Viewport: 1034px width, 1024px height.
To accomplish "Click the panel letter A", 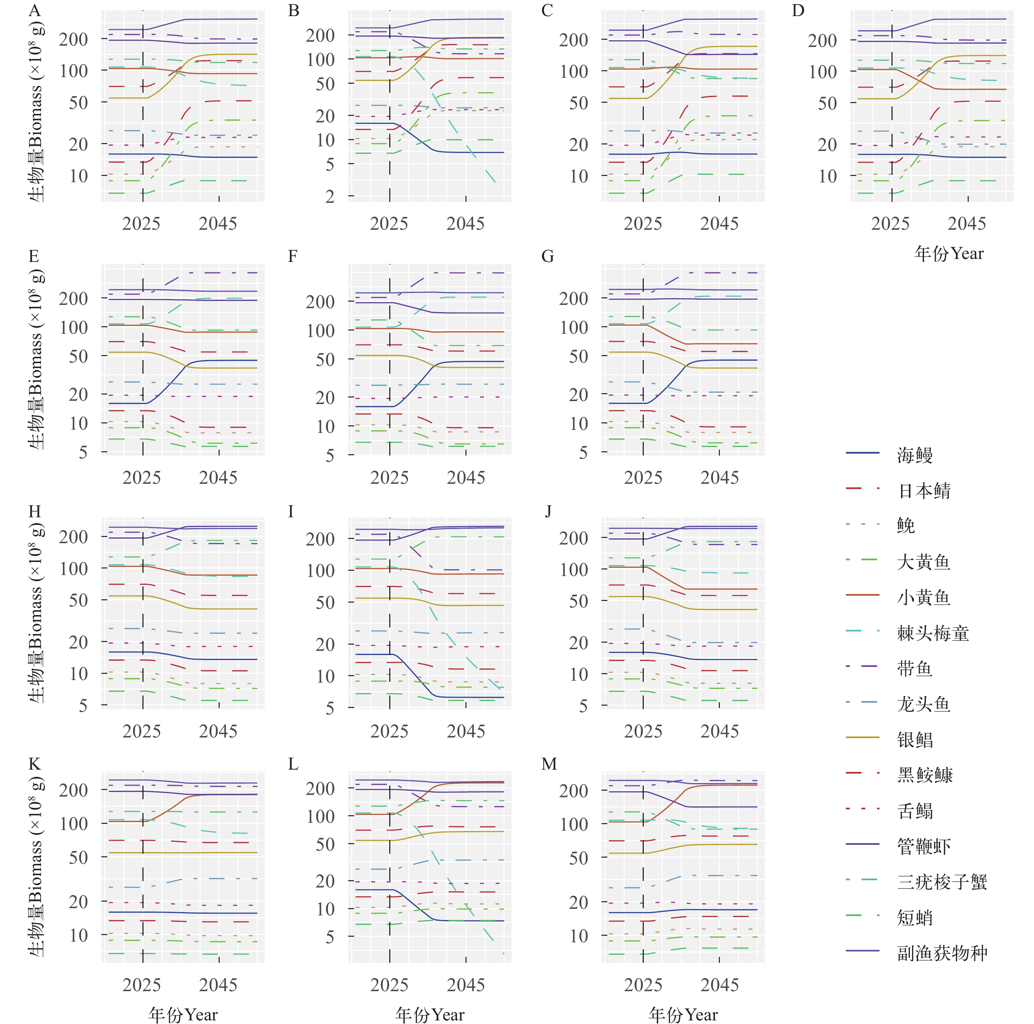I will [x=34, y=11].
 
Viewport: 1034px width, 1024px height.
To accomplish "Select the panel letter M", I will [x=549, y=764].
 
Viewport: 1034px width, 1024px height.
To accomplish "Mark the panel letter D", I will [x=798, y=11].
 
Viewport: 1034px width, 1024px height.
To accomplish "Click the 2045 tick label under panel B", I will [x=465, y=224].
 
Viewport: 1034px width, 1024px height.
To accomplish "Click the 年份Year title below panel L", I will [x=430, y=1015].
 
